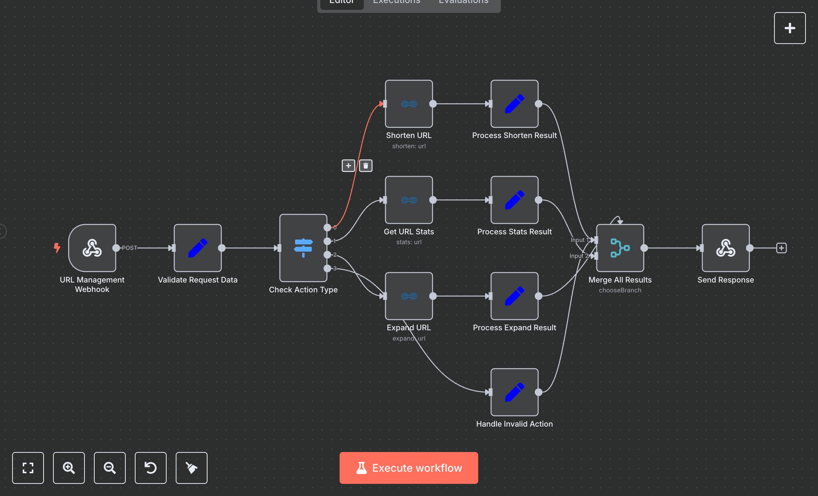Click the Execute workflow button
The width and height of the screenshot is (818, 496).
pos(409,468)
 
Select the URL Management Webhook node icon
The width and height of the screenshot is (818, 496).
pos(92,248)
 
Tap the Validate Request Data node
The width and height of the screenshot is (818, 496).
pos(197,248)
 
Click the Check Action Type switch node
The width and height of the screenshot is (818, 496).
pos(303,248)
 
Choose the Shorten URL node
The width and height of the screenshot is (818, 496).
pos(409,104)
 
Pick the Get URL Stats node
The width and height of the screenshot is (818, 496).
pos(409,200)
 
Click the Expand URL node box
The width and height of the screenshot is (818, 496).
pos(409,296)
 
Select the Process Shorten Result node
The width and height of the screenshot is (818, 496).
pos(514,104)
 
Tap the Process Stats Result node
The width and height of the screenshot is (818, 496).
pos(514,200)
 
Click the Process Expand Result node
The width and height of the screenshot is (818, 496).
pos(514,296)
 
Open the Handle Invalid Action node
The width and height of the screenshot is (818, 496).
pos(514,392)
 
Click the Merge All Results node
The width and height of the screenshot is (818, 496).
pos(620,248)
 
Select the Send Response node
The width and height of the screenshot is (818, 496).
pos(726,248)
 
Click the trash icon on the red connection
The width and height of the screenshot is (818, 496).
pos(365,166)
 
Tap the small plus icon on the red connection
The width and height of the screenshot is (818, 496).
pos(348,166)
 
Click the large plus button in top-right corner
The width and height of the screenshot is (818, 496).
pos(790,28)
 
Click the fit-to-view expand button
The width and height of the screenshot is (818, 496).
pos(28,468)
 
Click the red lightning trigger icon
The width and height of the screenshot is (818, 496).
pos(57,248)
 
